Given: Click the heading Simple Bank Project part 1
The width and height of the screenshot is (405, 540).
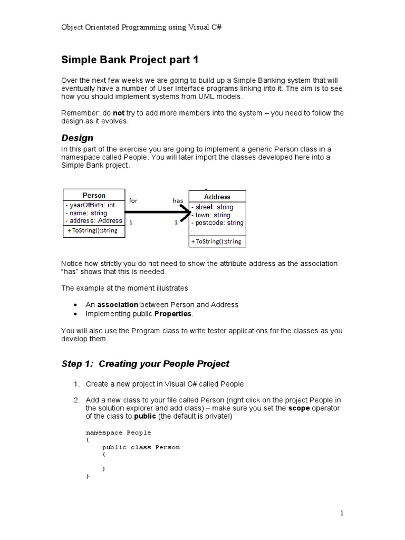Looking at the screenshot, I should tap(130, 60).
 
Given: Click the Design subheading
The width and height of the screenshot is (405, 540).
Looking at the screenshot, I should tap(77, 138).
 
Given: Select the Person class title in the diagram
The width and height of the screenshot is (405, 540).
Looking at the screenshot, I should tap(94, 195).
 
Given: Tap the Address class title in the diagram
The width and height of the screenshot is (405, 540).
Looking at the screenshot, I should tap(217, 197).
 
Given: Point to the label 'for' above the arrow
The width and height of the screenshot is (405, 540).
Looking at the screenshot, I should tap(133, 201).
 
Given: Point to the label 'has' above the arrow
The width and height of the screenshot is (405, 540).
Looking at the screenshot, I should tap(178, 201).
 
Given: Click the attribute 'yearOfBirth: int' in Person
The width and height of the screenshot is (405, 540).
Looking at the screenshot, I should tap(90, 205).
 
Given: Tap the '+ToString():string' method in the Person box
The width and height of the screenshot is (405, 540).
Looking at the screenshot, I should tap(92, 230).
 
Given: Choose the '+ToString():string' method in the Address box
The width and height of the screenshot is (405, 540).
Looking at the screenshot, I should tap(216, 242).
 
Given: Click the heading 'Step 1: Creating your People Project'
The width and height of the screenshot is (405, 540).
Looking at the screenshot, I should tap(146, 364).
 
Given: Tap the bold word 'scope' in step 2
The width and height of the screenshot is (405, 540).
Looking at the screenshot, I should tap(298, 408).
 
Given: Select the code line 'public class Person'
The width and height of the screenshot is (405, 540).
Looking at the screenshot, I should tap(141, 447).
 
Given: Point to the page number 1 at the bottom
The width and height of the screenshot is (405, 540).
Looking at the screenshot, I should tap(342, 513).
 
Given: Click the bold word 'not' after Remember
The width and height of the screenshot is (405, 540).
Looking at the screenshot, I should tap(119, 113).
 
